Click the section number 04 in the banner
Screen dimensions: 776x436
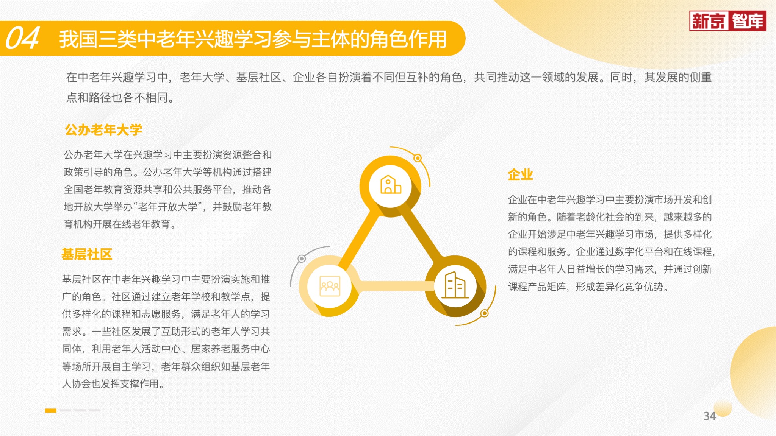point(22,38)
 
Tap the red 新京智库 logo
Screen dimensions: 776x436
point(727,20)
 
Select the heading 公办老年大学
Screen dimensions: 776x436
point(103,130)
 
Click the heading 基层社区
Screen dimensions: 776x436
point(87,254)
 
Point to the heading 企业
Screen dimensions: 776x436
point(521,174)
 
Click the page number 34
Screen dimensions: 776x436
point(710,416)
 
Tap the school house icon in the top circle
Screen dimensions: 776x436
point(390,185)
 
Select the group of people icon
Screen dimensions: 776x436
point(330,286)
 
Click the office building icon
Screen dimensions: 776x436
point(455,285)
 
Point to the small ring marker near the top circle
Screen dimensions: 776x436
point(418,158)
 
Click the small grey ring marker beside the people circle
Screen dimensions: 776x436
point(302,258)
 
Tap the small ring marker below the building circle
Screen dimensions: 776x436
point(484,313)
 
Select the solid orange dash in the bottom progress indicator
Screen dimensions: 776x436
point(50,410)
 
